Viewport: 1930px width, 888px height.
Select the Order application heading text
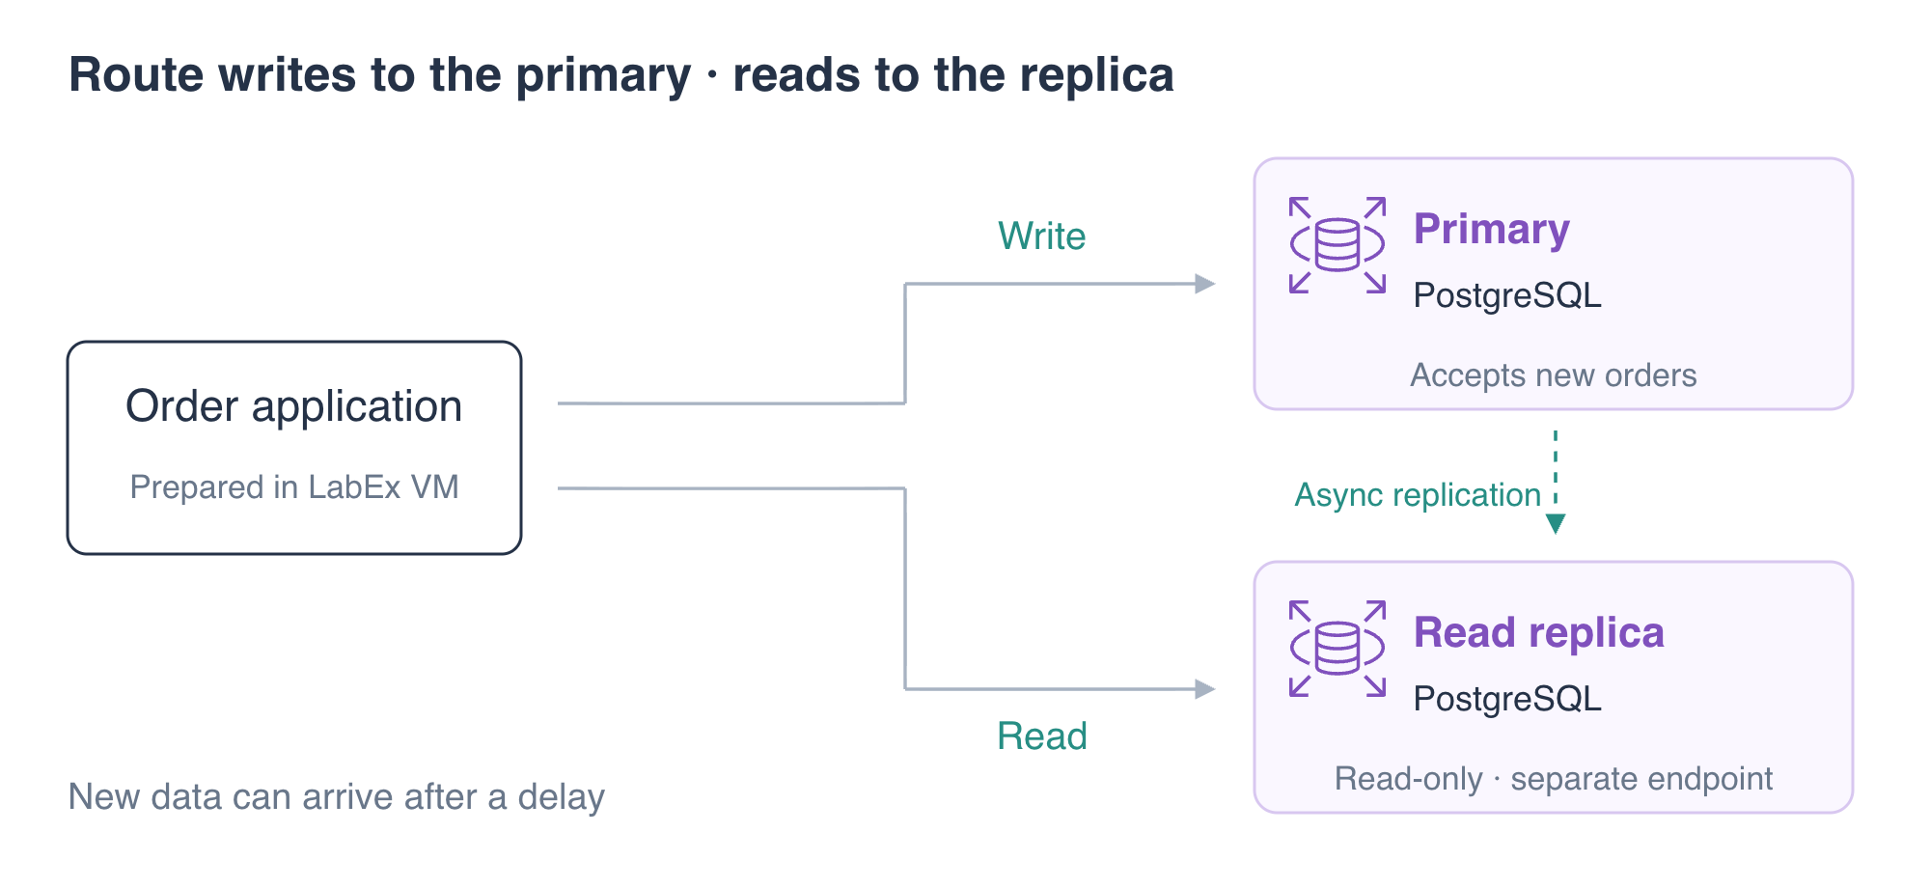coord(294,406)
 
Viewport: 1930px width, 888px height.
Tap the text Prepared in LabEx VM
coord(294,486)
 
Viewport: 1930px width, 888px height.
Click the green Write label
coord(1042,236)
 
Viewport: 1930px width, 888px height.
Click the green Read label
coord(1042,735)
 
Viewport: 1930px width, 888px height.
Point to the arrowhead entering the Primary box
coord(1205,284)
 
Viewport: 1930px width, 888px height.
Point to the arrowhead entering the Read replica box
coord(1205,689)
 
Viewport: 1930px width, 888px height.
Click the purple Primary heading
coord(1492,231)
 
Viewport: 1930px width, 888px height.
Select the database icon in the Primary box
coord(1337,245)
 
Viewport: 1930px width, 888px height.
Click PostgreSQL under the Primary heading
coord(1507,295)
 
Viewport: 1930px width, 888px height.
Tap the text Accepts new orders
coord(1554,375)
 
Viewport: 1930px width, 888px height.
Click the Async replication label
coord(1418,495)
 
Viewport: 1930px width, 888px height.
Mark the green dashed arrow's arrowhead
coord(1556,524)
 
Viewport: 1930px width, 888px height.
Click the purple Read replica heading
coord(1539,634)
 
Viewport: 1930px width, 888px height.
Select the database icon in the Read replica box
coord(1337,649)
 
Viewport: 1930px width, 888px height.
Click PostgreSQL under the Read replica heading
coord(1507,699)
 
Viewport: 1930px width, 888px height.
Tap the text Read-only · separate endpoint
coord(1554,778)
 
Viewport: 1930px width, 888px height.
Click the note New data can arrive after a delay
coord(337,797)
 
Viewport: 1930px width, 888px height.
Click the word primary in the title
coord(604,76)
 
